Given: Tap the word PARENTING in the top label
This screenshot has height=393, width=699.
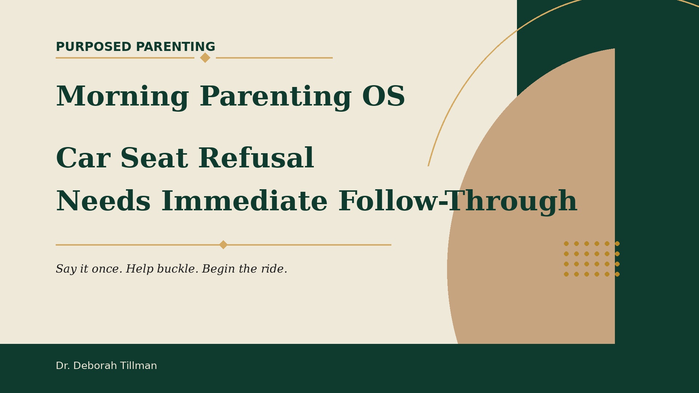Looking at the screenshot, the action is pos(175,47).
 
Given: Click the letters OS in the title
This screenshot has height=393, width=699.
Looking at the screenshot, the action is pos(383,97).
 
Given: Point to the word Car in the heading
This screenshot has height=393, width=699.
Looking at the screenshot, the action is pos(83,159).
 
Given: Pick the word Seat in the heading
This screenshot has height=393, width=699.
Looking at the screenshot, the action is pos(154,159).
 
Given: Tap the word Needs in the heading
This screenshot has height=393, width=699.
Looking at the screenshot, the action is pos(103,201).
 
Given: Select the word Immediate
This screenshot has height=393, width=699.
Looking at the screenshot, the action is pos(244,201).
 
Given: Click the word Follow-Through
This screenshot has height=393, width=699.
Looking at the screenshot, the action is pos(458,202).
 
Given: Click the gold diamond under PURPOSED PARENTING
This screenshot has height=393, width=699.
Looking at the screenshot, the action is pos(205,57).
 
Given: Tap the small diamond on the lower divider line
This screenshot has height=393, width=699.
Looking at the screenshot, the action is pos(223,245).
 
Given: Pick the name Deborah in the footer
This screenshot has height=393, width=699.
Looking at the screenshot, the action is pos(95,366).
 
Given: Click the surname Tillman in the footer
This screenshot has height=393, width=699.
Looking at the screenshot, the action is pos(139,366).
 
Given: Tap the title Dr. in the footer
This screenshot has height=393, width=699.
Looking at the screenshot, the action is pos(63,366).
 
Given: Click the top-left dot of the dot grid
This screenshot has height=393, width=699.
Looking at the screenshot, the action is pos(566,243).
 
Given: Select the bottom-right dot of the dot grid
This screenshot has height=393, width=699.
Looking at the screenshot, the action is pos(617,274).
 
